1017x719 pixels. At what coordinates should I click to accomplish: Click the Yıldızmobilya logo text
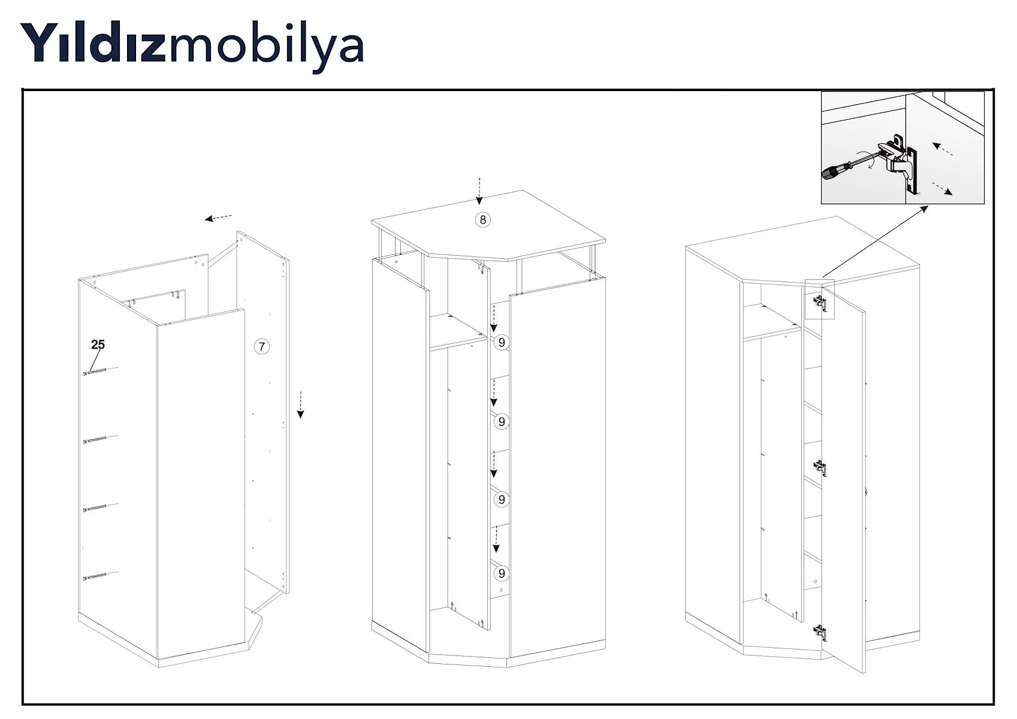coord(192,46)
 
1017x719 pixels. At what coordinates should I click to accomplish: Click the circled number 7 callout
coord(261,347)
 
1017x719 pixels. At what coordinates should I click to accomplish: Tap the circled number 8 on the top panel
coord(482,220)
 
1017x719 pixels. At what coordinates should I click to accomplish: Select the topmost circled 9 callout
coord(501,342)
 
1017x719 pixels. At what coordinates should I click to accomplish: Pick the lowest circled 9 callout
coord(501,573)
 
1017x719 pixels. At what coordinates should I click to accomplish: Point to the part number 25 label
coord(98,345)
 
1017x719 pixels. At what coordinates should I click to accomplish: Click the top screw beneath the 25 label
coord(95,372)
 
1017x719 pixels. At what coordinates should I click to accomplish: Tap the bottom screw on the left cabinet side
coord(95,578)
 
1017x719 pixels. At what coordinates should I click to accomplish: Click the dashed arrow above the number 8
coord(479,191)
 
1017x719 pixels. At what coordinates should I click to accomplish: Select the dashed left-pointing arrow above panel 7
coord(218,218)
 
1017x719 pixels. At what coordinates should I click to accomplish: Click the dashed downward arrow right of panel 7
coord(300,404)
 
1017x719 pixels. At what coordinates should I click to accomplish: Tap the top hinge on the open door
coord(819,303)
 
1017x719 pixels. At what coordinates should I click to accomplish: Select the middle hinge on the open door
coord(819,468)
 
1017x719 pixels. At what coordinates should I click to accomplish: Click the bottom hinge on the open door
coord(819,632)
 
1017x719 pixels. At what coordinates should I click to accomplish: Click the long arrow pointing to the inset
coord(875,241)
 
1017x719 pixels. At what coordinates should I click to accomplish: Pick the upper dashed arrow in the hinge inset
coord(943,149)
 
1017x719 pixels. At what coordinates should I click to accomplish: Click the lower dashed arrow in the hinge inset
coord(942,188)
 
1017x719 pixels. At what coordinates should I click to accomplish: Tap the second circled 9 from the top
coord(501,422)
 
